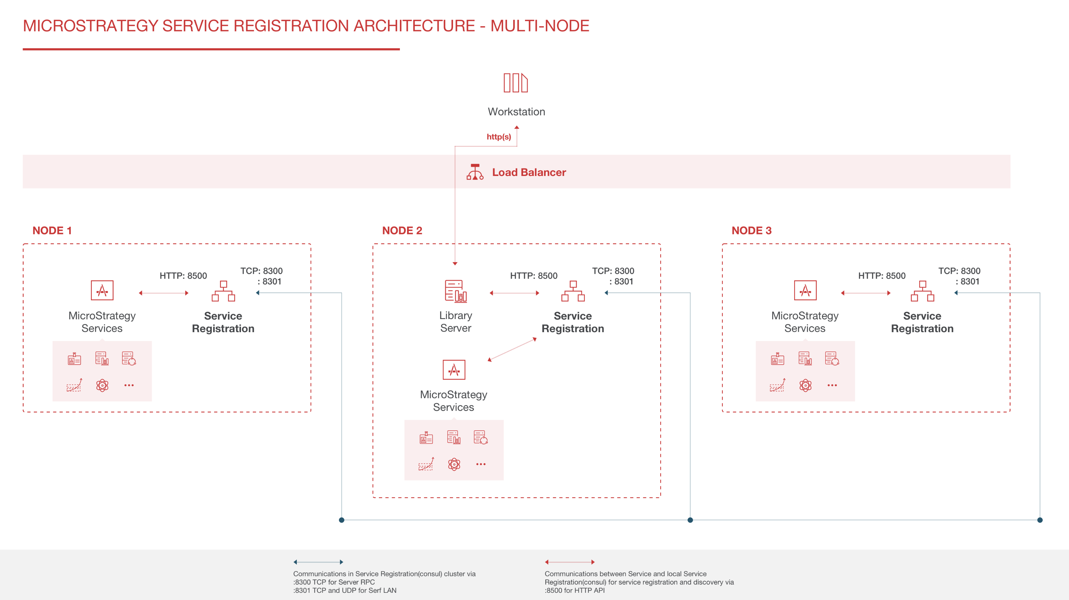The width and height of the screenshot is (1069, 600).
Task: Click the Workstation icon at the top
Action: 515,83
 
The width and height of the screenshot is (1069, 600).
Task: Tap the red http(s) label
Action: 498,137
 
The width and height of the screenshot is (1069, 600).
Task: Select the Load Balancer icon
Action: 475,172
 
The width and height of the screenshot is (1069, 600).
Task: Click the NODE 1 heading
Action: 52,231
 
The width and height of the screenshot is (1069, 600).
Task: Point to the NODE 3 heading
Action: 751,231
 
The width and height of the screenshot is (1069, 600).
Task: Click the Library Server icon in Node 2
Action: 455,291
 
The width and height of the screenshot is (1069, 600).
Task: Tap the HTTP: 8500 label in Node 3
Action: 882,276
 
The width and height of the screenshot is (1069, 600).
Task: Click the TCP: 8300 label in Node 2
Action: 613,271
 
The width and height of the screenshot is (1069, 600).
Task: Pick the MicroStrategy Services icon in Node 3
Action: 805,290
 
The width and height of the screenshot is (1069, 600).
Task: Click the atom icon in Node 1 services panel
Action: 102,385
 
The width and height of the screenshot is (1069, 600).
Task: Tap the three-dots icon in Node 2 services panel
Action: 481,464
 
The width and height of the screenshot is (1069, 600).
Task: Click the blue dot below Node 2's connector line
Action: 690,520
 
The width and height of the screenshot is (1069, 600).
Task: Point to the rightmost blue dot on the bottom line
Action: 1039,520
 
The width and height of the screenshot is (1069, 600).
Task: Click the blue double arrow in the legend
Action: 318,562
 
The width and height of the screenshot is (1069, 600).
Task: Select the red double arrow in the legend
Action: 569,562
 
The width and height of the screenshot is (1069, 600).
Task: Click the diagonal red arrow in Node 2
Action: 512,349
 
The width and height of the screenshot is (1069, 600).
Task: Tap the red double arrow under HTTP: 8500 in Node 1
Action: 164,293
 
